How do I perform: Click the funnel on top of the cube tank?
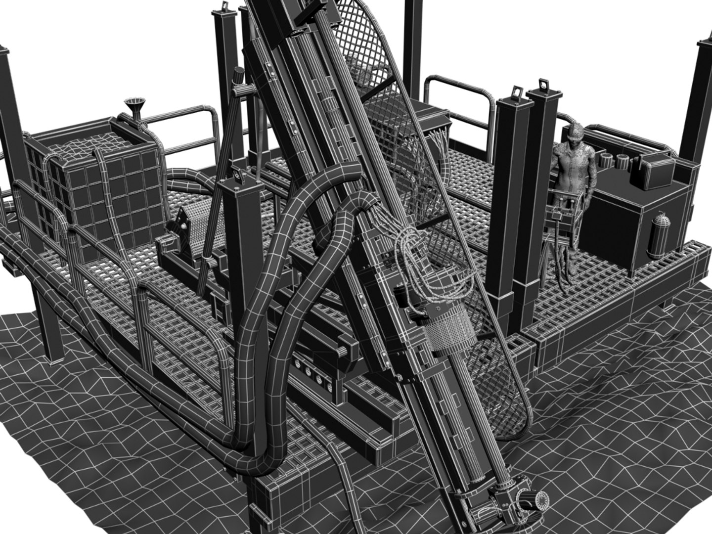coord(133,106)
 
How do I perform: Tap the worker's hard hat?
coord(575,132)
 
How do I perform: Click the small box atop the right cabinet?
coord(655,171)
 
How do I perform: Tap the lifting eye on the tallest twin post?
coord(544,84)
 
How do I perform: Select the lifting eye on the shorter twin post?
coord(517,91)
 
